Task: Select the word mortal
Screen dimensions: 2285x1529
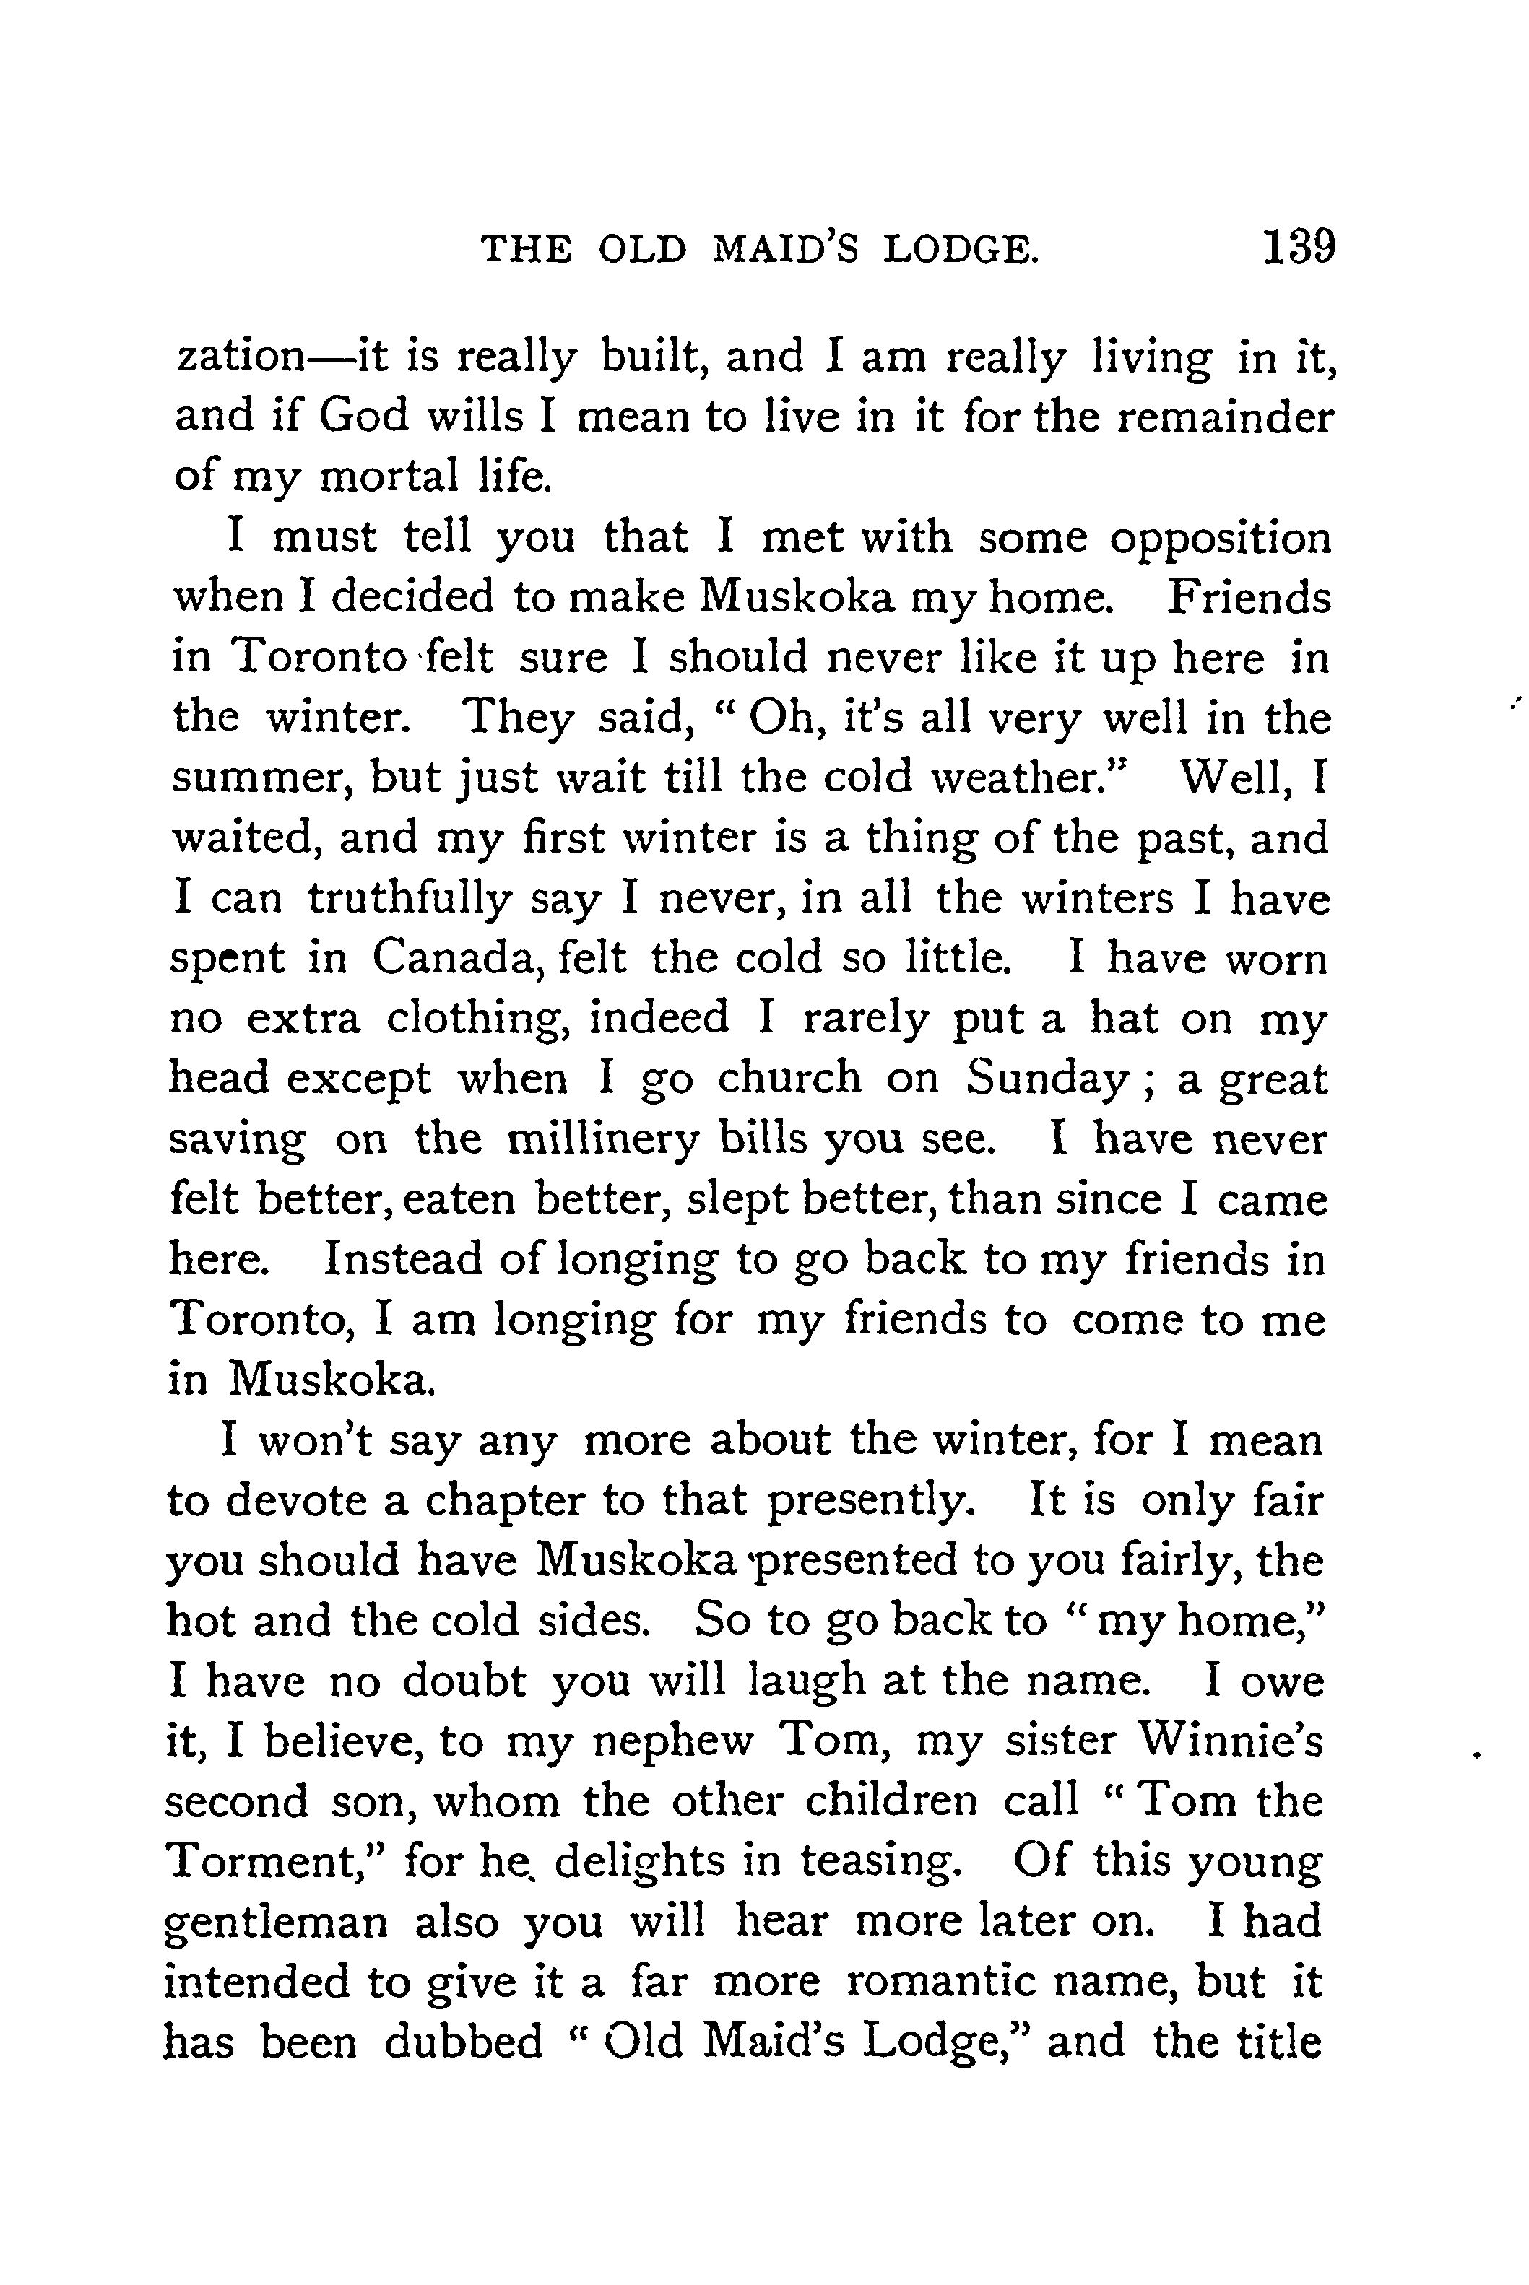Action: pos(388,476)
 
